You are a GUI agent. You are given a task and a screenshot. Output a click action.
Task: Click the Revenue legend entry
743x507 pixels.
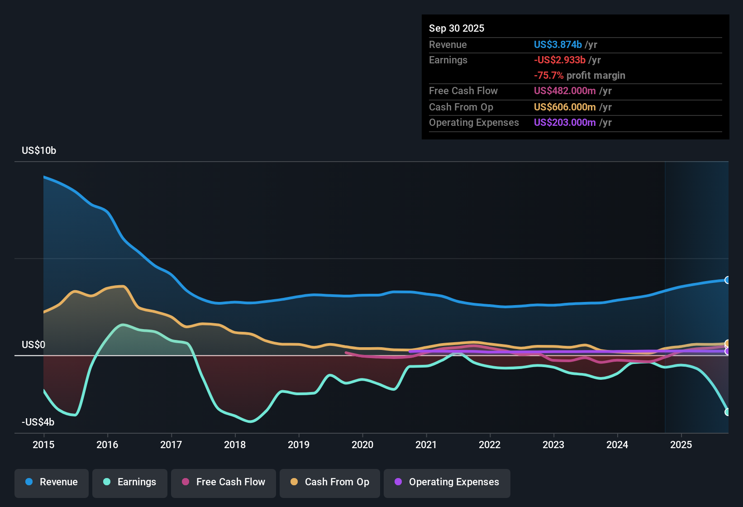tap(52, 482)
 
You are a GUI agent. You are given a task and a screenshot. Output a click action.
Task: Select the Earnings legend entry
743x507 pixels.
tap(130, 482)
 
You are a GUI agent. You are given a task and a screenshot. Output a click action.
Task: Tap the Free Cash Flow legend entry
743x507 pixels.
tap(224, 482)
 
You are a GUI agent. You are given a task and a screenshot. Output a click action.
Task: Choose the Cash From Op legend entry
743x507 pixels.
tap(330, 482)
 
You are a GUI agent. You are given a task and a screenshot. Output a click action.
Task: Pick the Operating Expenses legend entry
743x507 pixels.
tap(447, 482)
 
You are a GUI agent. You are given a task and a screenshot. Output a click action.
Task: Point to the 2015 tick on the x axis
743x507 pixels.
tap(43, 445)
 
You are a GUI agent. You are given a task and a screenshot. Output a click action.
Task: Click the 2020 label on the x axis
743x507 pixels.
tap(362, 445)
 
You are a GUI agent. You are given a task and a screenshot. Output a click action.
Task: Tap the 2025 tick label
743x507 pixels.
tap(681, 445)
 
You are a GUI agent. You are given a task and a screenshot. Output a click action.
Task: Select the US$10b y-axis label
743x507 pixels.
tap(39, 151)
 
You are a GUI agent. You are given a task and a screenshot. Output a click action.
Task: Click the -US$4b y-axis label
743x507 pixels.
tap(38, 422)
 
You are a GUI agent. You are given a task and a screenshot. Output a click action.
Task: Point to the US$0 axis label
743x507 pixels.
tap(33, 345)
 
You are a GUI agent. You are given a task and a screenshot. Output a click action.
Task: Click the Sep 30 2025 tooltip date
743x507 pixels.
tap(457, 29)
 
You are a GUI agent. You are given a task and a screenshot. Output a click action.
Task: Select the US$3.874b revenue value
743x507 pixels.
tap(557, 45)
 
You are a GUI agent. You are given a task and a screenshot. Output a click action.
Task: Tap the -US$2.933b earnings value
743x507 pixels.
tap(560, 60)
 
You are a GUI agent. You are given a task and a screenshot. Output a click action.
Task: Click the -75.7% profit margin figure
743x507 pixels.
tap(549, 76)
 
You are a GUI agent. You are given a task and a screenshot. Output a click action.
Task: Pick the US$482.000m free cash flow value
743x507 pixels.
tap(565, 91)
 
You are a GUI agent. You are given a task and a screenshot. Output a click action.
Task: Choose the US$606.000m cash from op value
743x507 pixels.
tap(565, 107)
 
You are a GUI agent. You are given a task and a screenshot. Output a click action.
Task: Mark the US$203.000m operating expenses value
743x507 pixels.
tap(565, 123)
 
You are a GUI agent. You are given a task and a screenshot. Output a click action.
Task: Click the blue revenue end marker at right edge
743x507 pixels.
tap(727, 280)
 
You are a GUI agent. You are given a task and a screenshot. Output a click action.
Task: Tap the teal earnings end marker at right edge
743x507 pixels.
tap(727, 412)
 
